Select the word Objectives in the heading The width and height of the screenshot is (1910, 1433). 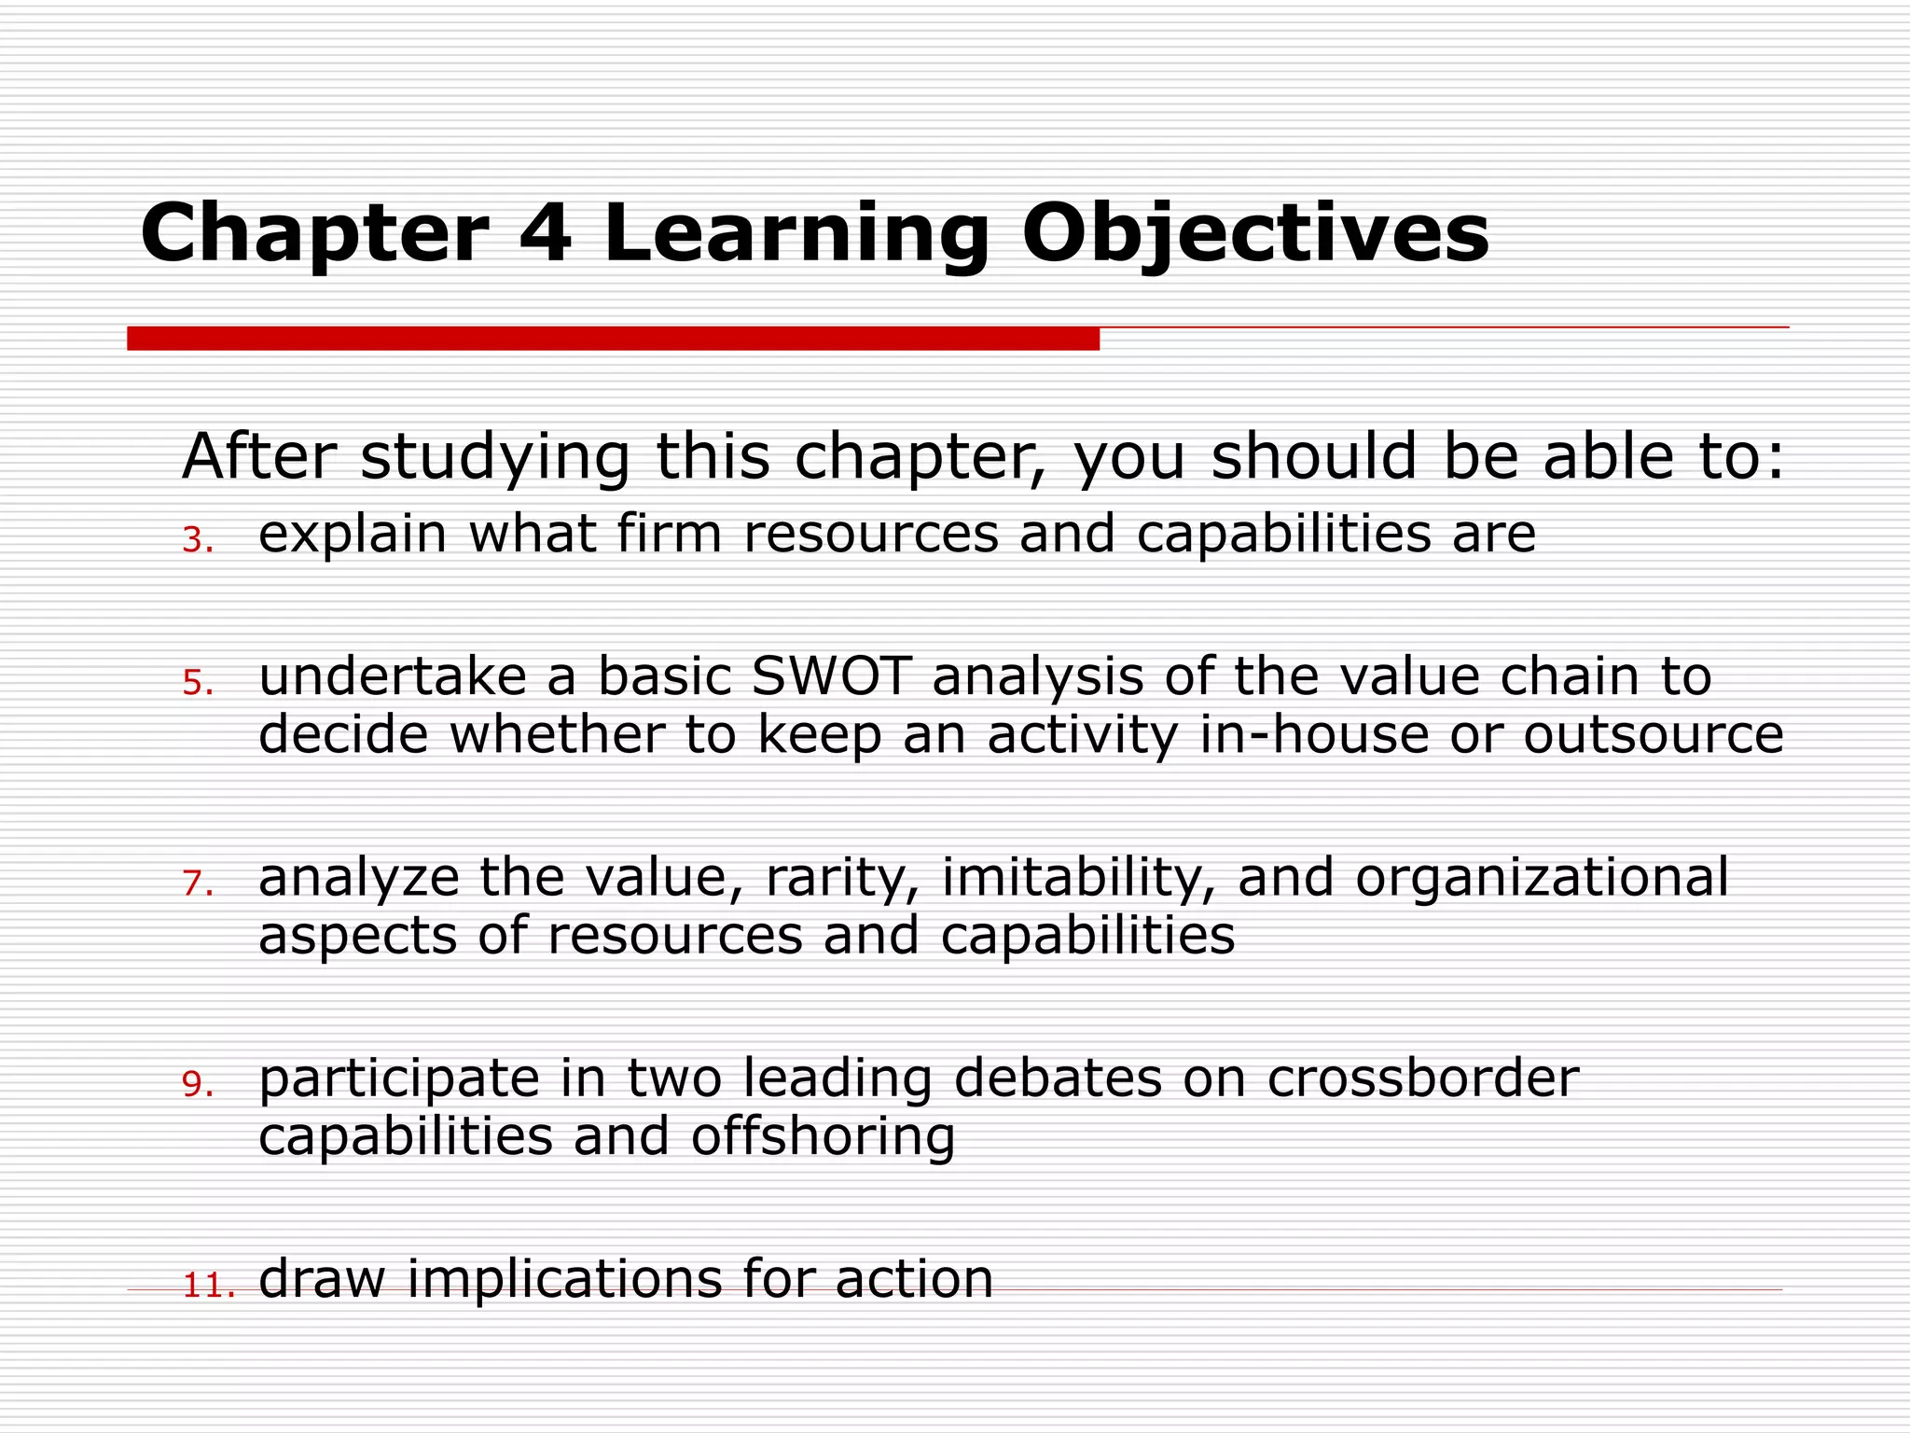point(1255,233)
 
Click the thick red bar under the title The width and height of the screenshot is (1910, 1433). point(613,339)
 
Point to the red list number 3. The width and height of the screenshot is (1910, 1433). point(196,540)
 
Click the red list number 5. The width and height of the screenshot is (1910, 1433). point(196,684)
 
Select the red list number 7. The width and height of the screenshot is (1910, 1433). point(196,883)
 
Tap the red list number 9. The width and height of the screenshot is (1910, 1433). point(196,1084)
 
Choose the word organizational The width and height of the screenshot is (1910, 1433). point(1542,879)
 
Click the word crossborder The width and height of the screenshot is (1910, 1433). point(1422,1078)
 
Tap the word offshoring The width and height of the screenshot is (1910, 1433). point(823,1137)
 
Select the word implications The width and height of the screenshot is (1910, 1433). point(563,1279)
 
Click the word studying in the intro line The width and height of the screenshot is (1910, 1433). point(494,459)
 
